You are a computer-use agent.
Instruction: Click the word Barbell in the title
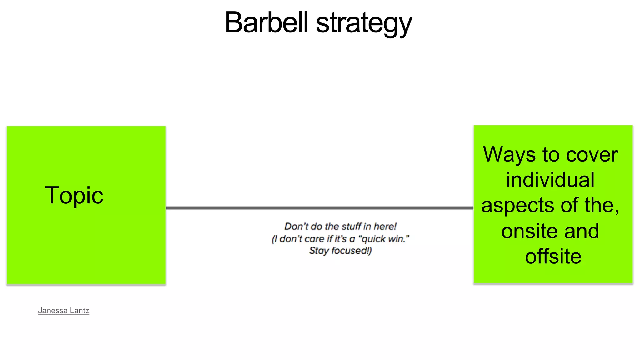pos(267,22)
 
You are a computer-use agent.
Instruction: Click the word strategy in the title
pos(364,24)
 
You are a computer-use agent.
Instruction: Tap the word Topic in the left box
pos(74,196)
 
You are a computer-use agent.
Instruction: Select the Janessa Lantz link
pos(64,311)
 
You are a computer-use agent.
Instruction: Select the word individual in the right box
pos(550,180)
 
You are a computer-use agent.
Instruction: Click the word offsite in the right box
pos(553,257)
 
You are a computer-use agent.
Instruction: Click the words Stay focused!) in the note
pos(340,251)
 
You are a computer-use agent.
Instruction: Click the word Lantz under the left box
pos(79,311)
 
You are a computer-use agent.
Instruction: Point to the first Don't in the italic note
pos(296,226)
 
